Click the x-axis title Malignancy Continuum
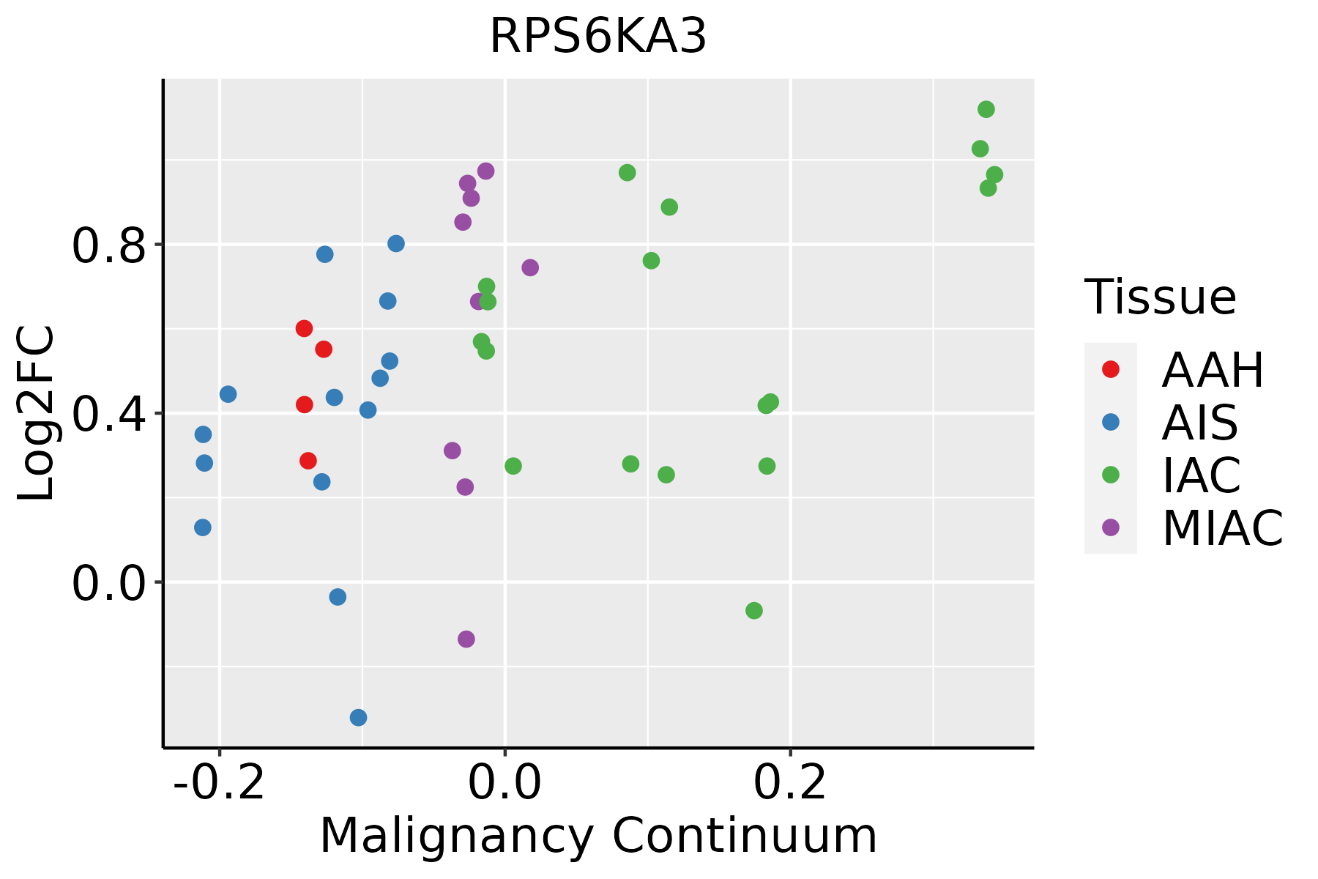pyautogui.click(x=597, y=836)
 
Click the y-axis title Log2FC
pyautogui.click(x=37, y=413)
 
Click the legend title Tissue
pyautogui.click(x=1161, y=297)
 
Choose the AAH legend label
pyautogui.click(x=1213, y=370)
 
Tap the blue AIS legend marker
pyautogui.click(x=1110, y=422)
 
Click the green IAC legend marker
pyautogui.click(x=1110, y=475)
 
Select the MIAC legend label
pyautogui.click(x=1222, y=527)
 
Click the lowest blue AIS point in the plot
pyautogui.click(x=358, y=717)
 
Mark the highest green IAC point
pyautogui.click(x=986, y=110)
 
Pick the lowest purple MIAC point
pyautogui.click(x=466, y=639)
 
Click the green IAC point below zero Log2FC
pyautogui.click(x=754, y=610)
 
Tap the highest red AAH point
pyautogui.click(x=304, y=328)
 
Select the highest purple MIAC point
pyautogui.click(x=485, y=171)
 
